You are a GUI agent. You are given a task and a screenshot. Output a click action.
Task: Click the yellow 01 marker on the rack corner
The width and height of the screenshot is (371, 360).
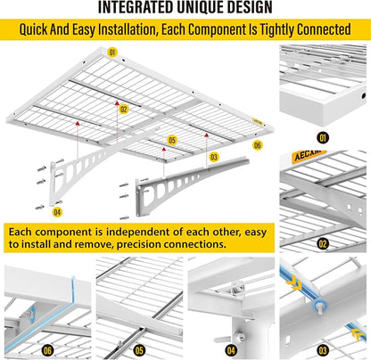tap(112, 53)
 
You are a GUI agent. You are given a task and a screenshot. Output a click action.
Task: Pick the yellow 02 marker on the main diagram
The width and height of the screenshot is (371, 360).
tap(123, 110)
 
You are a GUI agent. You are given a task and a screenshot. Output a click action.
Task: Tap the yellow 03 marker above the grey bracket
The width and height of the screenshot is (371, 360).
tap(214, 157)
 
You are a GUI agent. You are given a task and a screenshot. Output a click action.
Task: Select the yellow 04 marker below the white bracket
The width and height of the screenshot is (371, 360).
tap(57, 212)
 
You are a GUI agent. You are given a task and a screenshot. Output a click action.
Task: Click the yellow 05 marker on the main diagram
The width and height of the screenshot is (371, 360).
tap(172, 140)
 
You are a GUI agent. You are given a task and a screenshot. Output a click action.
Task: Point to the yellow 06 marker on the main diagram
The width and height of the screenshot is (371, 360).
tap(258, 145)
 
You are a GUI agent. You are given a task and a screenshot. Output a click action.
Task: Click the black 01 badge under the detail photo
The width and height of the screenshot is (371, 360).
tap(323, 138)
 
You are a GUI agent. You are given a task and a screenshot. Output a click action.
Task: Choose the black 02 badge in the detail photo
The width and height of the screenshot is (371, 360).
tap(323, 244)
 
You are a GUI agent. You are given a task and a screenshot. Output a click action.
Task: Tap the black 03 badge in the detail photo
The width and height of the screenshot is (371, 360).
tap(323, 351)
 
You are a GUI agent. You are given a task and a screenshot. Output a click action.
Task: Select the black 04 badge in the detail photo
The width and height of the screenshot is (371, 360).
tap(231, 351)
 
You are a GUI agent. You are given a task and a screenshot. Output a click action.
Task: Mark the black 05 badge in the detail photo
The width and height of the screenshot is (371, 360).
tap(139, 351)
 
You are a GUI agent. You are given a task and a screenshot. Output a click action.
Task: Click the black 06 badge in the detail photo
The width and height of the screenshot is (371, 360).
tap(47, 351)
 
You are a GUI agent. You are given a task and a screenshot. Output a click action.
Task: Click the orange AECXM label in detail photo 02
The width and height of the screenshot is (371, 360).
tap(309, 155)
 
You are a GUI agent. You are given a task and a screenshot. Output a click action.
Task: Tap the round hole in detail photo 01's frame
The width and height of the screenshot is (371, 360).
tap(364, 96)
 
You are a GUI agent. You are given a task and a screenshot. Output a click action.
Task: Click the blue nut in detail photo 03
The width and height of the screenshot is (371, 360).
tap(319, 306)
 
